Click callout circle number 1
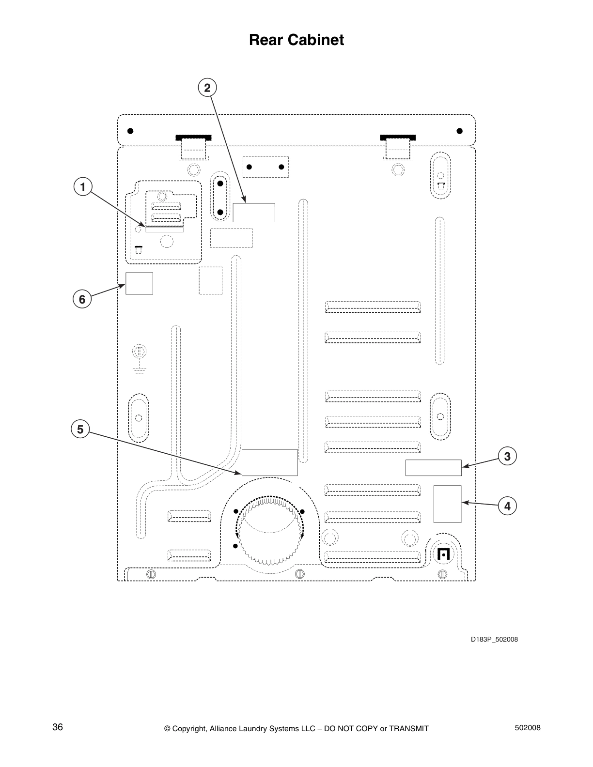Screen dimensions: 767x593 coord(83,187)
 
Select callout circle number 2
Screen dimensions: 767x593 coord(207,88)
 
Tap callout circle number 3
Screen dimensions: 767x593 coord(507,456)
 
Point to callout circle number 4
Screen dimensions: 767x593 coord(507,506)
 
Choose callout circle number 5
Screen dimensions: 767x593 coord(80,429)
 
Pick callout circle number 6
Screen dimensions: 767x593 coord(82,299)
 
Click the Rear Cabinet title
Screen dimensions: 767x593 coord(296,40)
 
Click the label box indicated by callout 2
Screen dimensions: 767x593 coord(254,213)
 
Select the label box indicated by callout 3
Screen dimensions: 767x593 coord(433,468)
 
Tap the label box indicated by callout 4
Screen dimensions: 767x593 coord(447,504)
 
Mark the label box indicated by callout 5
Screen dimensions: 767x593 coord(269,462)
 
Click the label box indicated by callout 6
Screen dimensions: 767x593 coord(139,283)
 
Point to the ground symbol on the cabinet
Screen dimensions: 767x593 coord(140,359)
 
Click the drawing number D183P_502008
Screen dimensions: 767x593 coord(495,639)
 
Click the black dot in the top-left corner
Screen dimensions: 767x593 coord(130,131)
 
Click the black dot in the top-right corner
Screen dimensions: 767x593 coord(459,131)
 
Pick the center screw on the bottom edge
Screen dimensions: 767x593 coord(299,574)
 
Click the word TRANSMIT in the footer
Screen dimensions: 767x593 coord(408,728)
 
